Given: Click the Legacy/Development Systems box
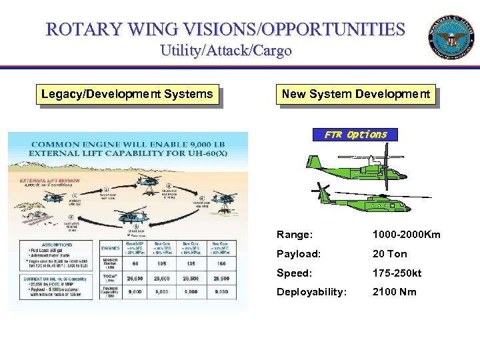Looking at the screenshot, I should [x=127, y=94].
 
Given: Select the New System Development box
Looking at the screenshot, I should [x=355, y=94].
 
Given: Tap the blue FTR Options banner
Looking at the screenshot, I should [x=355, y=135].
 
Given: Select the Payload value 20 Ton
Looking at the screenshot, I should [x=389, y=254].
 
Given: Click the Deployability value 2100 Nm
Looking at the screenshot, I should [x=393, y=292].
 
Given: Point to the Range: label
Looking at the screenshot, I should [x=295, y=235].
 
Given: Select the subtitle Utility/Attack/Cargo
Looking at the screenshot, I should [x=225, y=51].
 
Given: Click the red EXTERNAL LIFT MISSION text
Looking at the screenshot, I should [x=41, y=181].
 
